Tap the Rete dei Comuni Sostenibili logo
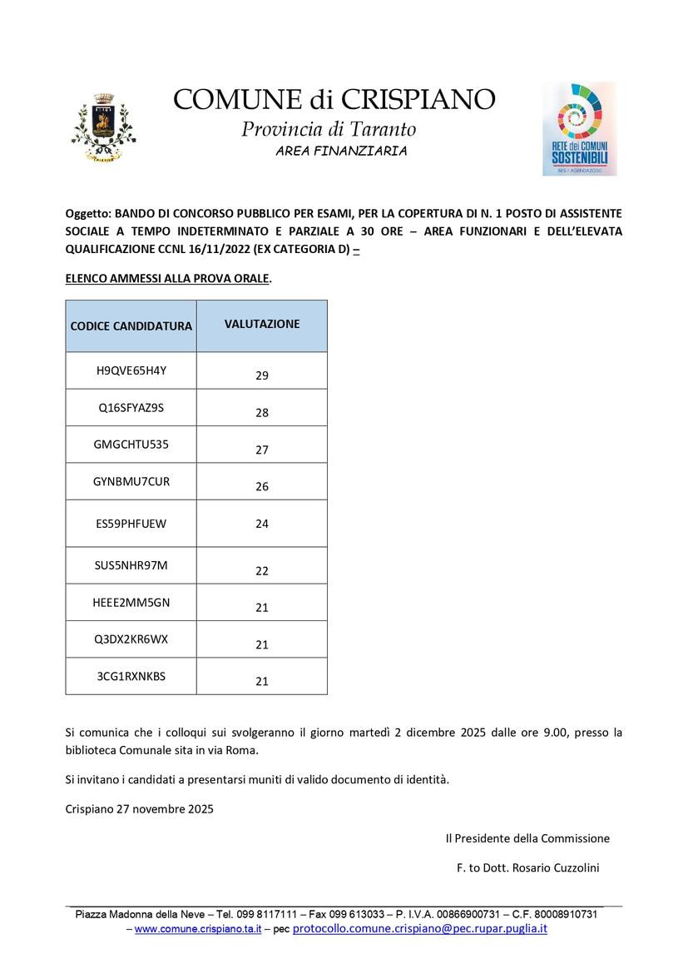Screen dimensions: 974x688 (579, 128)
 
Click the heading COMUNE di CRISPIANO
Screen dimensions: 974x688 (334, 99)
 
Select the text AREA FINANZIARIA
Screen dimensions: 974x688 (341, 151)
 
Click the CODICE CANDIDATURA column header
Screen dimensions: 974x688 (131, 325)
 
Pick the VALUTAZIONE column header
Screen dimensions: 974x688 (262, 324)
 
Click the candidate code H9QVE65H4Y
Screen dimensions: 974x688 (131, 370)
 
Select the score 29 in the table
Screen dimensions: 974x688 (262, 375)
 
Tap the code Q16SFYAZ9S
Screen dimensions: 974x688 (131, 408)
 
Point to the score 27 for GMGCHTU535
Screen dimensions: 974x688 (262, 450)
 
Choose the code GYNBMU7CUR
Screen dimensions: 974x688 (131, 481)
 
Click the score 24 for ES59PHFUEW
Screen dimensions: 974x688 (262, 524)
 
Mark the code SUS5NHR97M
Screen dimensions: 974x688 (131, 565)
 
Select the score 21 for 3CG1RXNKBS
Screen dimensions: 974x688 (262, 681)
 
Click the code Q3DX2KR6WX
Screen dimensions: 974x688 (131, 639)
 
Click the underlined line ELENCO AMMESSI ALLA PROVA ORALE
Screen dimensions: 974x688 (168, 279)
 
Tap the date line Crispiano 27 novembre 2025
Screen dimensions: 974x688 (139, 808)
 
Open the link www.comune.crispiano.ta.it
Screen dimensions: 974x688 (198, 928)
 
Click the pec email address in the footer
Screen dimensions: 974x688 (419, 928)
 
